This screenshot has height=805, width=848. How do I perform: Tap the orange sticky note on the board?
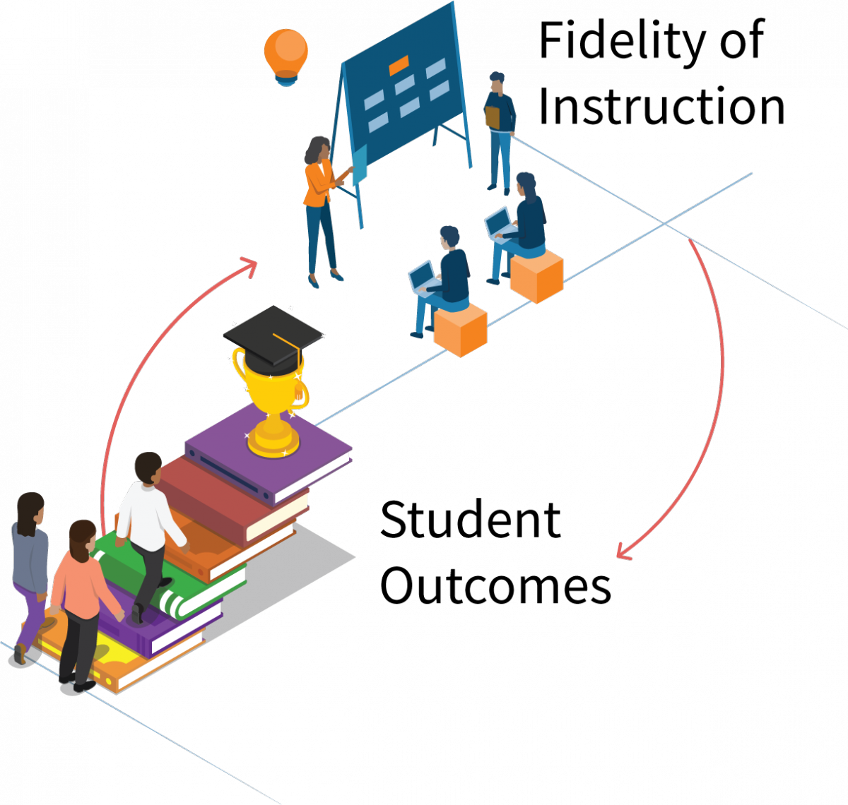tap(399, 66)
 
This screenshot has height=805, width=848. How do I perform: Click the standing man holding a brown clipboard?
tap(500, 131)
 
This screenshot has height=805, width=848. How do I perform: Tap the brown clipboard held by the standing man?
tap(493, 117)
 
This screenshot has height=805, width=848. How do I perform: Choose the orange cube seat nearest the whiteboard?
tap(536, 275)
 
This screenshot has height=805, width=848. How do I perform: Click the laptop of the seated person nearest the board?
tap(498, 223)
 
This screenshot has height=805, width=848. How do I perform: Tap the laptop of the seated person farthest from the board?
tap(422, 277)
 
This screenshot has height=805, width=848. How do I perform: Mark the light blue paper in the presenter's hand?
tap(360, 164)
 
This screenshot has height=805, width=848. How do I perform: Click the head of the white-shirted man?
tap(148, 467)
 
